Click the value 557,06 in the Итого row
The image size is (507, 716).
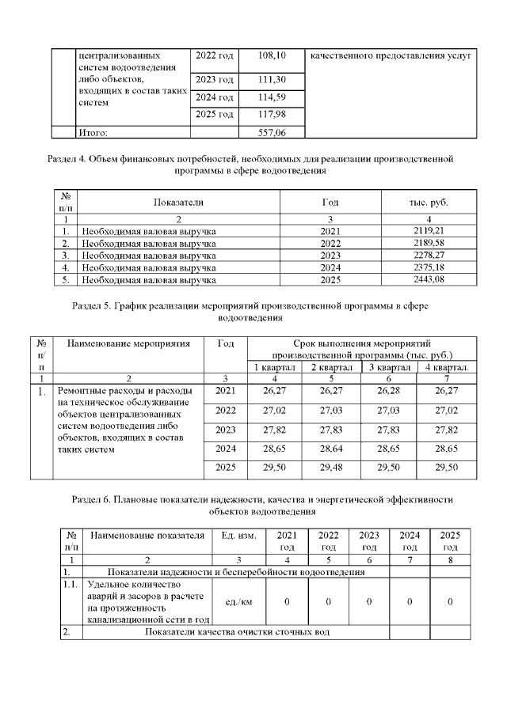point(272,133)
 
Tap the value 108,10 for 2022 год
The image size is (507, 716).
point(272,56)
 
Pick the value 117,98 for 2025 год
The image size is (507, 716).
point(272,115)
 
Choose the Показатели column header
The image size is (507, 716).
point(178,202)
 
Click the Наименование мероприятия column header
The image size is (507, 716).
point(128,343)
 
